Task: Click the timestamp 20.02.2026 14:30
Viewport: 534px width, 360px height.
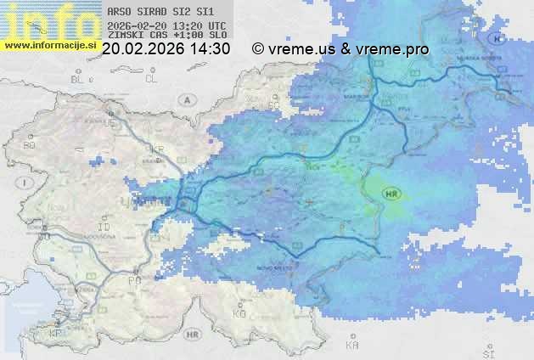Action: pos(166,49)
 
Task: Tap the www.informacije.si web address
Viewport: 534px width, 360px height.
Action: pos(49,45)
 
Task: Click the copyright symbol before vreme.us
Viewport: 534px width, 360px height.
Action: pos(258,49)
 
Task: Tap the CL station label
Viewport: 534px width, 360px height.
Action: pos(152,79)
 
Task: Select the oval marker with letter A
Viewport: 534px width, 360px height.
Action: pos(187,99)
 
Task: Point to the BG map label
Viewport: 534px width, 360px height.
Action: pos(29,146)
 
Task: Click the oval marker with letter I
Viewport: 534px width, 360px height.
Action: pos(27,183)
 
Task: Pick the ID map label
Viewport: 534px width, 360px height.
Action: pos(104,228)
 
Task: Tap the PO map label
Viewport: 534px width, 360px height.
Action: pos(133,279)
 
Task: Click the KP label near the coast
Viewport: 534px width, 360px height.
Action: pos(56,334)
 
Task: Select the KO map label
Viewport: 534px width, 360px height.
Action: pos(239,313)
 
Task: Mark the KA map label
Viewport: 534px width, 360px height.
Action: pos(352,346)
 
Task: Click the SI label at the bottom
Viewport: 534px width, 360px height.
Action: pos(487,352)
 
